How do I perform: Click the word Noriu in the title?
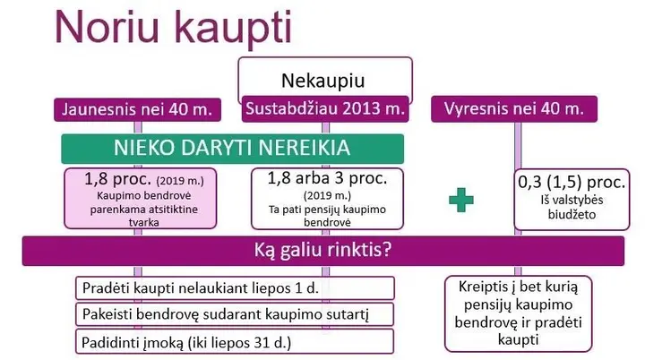tap(107, 26)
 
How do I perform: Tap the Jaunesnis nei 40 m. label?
tap(137, 109)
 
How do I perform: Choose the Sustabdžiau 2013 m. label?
tap(325, 109)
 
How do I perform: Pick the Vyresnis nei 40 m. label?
tap(514, 109)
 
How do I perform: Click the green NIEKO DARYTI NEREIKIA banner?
tap(232, 149)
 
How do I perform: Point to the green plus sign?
tap(461, 200)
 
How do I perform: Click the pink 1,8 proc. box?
tap(141, 198)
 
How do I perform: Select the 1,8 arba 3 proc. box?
tap(328, 198)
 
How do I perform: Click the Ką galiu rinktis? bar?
tap(323, 251)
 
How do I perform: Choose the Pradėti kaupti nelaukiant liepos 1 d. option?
tap(235, 288)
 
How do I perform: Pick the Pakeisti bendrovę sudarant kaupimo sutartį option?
tap(235, 314)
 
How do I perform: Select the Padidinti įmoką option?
tap(235, 341)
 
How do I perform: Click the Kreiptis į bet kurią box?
tap(519, 313)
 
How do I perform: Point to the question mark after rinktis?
tap(386, 250)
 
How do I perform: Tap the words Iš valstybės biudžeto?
tap(572, 208)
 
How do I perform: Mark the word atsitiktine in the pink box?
tap(173, 209)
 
